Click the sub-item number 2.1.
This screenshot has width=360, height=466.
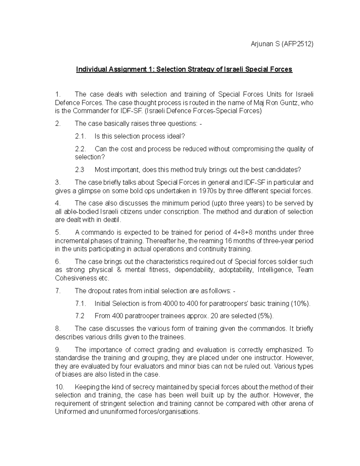[80, 137]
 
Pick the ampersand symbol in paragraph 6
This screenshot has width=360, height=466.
[119, 270]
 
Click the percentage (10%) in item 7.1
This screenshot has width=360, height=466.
[300, 304]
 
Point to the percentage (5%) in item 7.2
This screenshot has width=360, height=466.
[265, 316]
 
